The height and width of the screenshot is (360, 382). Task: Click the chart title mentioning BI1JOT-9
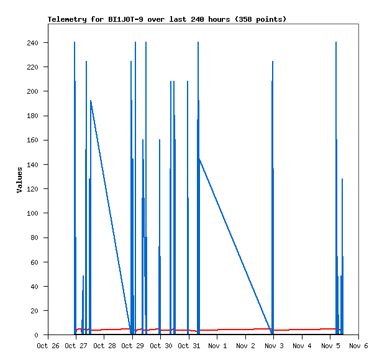(x=167, y=19)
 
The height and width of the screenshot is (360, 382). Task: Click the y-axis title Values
(x=19, y=180)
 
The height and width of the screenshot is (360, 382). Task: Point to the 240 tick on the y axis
(x=32, y=43)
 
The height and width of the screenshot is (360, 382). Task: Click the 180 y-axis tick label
(x=32, y=116)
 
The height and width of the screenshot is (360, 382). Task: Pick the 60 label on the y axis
(x=35, y=262)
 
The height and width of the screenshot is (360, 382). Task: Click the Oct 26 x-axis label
(x=48, y=345)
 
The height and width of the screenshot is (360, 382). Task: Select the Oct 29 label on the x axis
(x=132, y=345)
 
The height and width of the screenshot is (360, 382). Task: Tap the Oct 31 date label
(x=189, y=345)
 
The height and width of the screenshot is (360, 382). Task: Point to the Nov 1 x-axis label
(x=217, y=345)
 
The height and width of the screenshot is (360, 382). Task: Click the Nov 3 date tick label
(x=274, y=345)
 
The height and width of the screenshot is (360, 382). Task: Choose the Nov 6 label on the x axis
(x=358, y=345)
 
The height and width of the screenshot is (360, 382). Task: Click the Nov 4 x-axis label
(x=302, y=345)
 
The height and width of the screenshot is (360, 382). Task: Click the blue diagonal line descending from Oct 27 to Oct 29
(x=111, y=215)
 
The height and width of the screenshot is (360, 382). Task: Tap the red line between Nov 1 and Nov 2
(x=231, y=330)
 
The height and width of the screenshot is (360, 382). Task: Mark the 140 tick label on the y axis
(x=32, y=165)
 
